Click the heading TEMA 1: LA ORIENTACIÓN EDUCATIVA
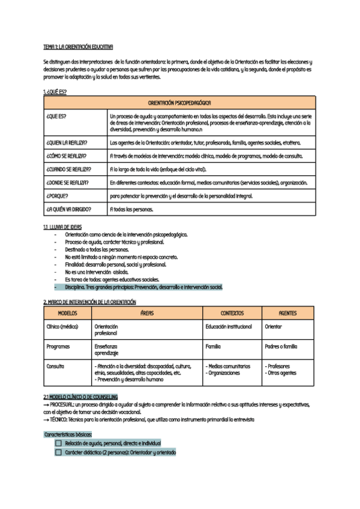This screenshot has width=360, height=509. (x=78, y=46)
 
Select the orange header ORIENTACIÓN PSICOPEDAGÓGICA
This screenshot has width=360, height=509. (x=179, y=103)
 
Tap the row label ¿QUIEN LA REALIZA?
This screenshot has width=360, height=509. (x=67, y=143)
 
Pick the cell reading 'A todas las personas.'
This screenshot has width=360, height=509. (x=131, y=209)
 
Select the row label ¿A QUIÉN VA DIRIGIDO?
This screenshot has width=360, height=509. (x=68, y=209)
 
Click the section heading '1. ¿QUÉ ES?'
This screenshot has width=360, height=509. (x=55, y=91)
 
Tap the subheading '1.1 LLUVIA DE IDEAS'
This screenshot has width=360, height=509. (x=62, y=227)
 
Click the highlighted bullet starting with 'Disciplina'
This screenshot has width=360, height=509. (x=143, y=287)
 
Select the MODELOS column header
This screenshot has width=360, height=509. (x=67, y=313)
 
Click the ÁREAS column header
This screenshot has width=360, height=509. (x=147, y=313)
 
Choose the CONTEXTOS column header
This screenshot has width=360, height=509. (x=232, y=313)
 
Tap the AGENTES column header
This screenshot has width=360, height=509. (x=288, y=313)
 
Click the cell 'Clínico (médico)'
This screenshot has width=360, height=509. (x=62, y=327)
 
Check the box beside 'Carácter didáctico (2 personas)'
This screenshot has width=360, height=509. (x=58, y=452)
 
